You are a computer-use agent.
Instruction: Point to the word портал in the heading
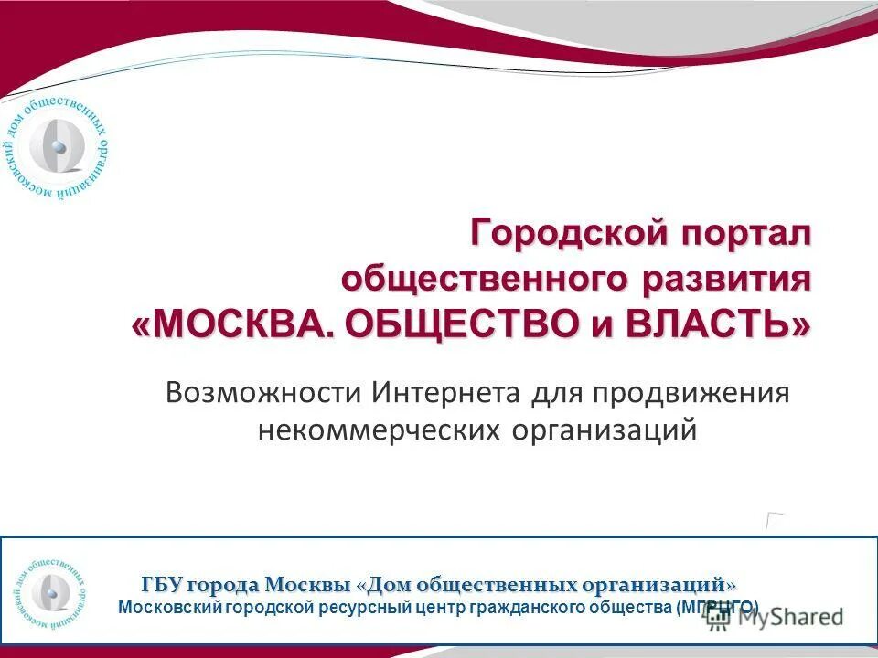(x=744, y=233)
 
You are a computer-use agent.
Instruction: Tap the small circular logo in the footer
(x=52, y=592)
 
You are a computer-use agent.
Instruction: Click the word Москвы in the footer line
(x=307, y=584)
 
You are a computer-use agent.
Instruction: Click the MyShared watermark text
(x=788, y=617)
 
